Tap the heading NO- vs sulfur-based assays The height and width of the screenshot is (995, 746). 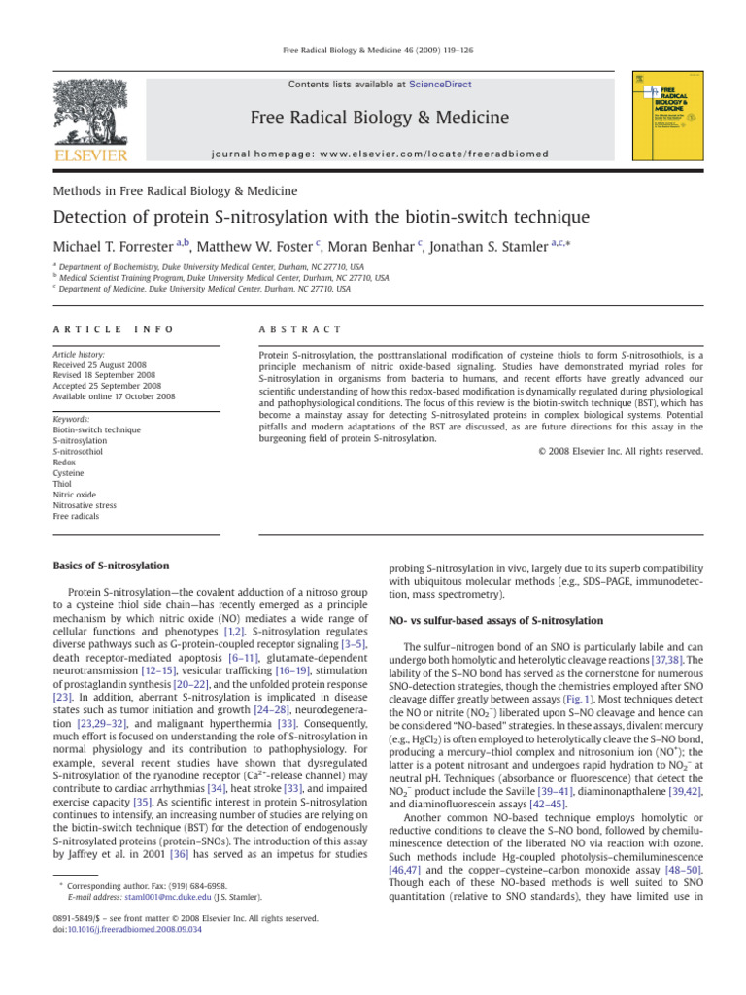pyautogui.click(x=495, y=620)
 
